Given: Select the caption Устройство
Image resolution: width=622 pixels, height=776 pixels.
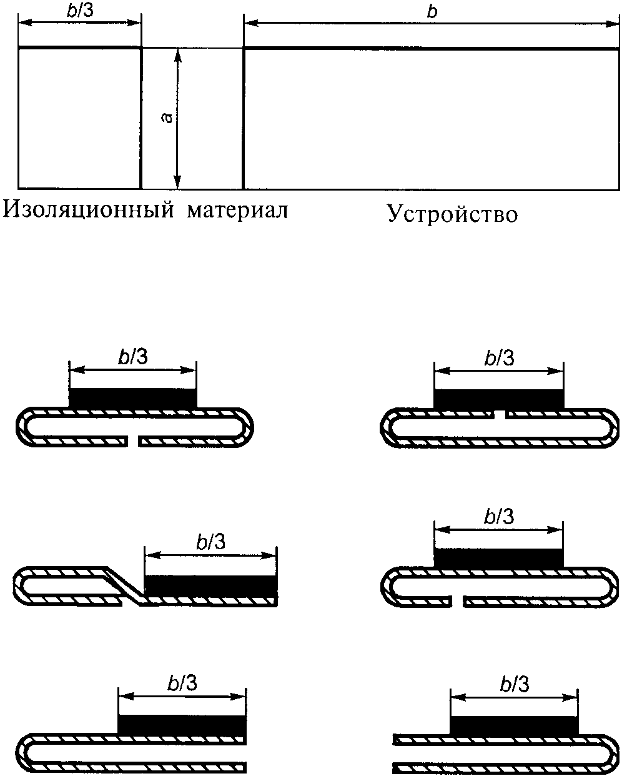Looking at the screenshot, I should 452,214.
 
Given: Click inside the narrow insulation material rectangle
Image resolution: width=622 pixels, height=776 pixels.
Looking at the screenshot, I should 79,118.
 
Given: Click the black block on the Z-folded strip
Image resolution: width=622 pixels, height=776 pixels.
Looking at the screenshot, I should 210,585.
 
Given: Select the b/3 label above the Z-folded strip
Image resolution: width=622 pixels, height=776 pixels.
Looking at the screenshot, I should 210,542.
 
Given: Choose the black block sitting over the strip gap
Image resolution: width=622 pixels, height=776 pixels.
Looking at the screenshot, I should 498,399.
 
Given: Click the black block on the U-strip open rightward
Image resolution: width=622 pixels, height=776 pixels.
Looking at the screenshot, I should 182,725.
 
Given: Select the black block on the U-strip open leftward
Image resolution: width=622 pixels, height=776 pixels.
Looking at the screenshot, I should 514,725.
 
